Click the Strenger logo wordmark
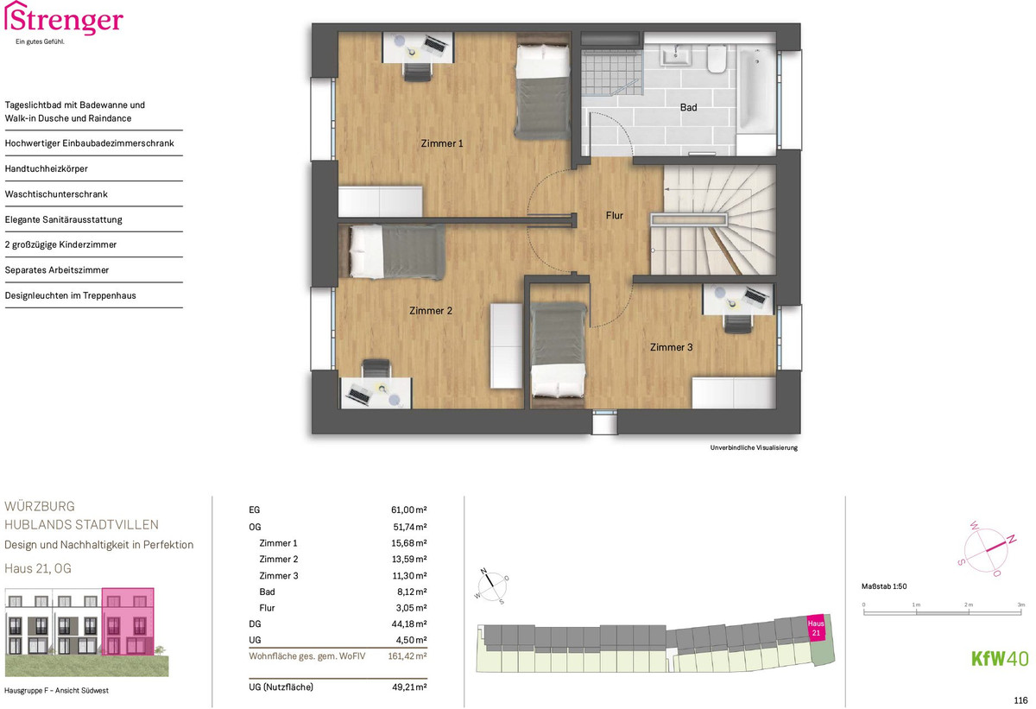click(x=64, y=18)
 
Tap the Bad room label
click(x=688, y=107)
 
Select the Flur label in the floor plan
click(x=614, y=216)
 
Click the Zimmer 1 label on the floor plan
click(x=442, y=143)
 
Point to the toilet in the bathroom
click(x=717, y=58)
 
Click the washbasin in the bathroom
click(x=677, y=56)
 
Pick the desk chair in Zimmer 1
click(x=418, y=71)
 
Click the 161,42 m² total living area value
click(x=407, y=655)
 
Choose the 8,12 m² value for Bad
click(x=412, y=592)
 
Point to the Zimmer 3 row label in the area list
click(x=278, y=576)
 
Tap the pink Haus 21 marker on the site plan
click(x=815, y=628)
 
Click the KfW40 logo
click(x=1000, y=659)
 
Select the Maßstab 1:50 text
click(x=884, y=586)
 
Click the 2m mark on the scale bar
click(x=969, y=605)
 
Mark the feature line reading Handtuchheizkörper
click(x=47, y=168)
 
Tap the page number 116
click(x=1020, y=700)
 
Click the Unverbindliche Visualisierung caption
click(x=754, y=447)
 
